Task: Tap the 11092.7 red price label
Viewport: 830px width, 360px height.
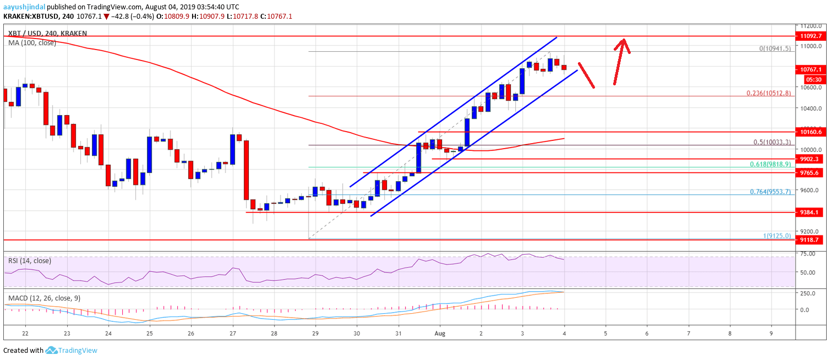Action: pyautogui.click(x=812, y=36)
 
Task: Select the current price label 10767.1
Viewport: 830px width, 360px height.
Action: pyautogui.click(x=812, y=70)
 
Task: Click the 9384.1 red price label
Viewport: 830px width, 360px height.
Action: pyautogui.click(x=812, y=212)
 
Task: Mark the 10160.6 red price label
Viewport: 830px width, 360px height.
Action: pyautogui.click(x=812, y=132)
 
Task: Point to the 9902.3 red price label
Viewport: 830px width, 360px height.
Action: pyautogui.click(x=812, y=159)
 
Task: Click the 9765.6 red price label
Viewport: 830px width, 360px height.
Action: pyautogui.click(x=812, y=172)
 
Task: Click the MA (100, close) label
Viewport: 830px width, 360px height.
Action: pyautogui.click(x=32, y=42)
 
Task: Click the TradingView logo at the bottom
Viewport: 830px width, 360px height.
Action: pyautogui.click(x=72, y=350)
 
